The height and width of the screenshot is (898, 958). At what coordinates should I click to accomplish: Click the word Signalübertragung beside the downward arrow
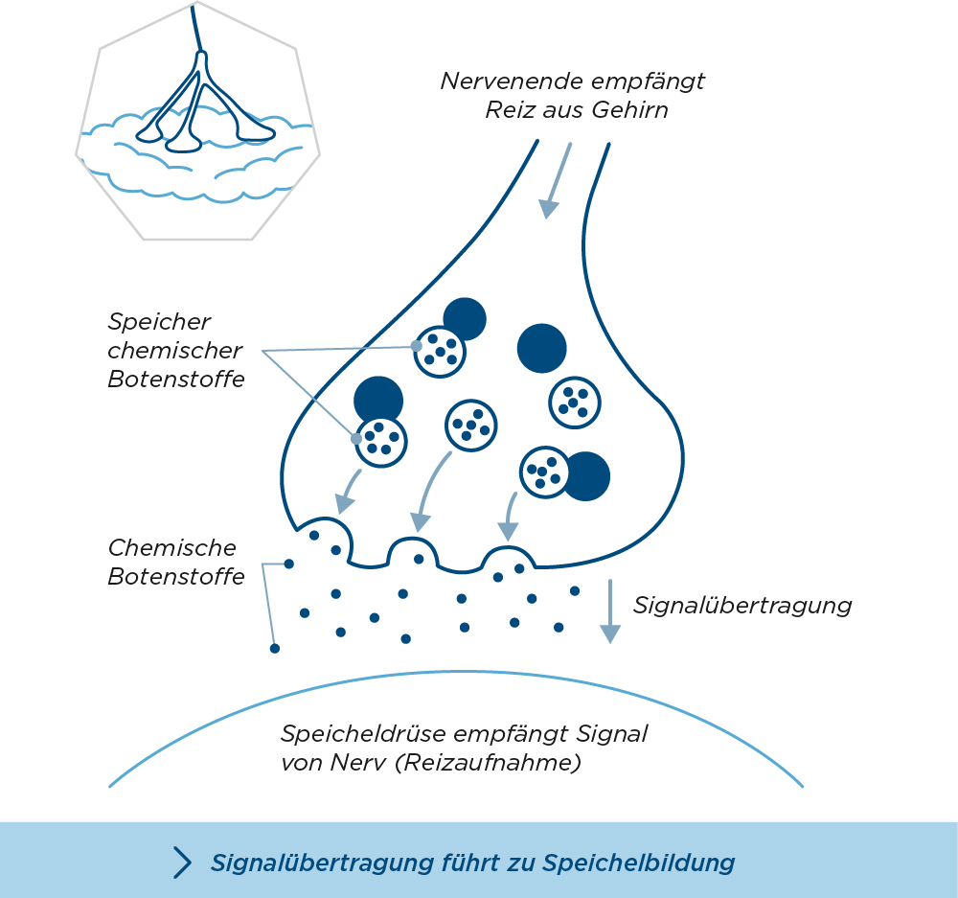742,606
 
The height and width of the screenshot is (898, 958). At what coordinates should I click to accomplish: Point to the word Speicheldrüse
357,735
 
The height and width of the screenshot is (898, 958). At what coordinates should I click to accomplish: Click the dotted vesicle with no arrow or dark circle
574,402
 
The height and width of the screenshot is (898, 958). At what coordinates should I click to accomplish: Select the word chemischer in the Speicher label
175,351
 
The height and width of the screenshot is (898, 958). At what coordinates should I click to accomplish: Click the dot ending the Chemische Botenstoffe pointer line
275,649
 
